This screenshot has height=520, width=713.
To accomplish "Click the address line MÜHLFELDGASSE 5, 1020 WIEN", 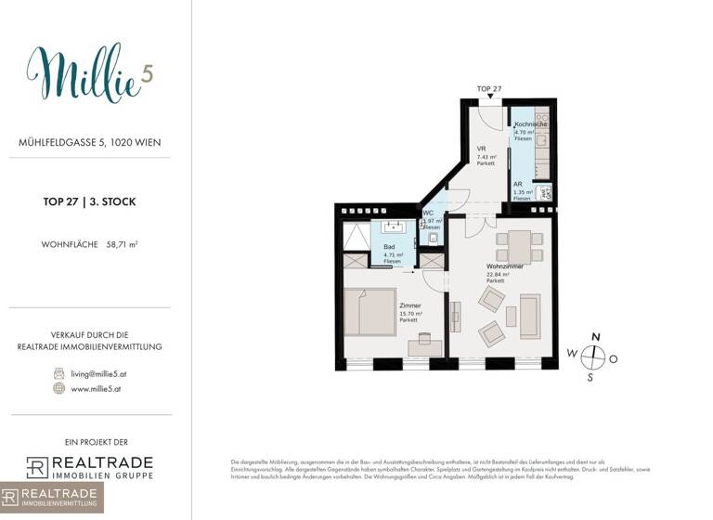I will tap(89, 143).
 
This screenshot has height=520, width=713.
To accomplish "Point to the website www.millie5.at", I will tap(97, 388).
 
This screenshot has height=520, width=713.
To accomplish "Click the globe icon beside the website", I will tap(59, 388).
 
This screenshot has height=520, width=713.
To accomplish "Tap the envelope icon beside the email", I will tap(59, 371).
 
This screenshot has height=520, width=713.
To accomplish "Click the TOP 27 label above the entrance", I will tap(490, 89).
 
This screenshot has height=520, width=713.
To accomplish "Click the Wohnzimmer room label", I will tap(504, 266).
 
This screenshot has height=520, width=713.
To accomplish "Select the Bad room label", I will tap(389, 247).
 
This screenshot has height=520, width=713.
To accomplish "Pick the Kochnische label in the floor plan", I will tap(530, 123).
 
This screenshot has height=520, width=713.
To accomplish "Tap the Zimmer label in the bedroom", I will tap(409, 305).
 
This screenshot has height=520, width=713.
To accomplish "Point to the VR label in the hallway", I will tap(482, 149).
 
